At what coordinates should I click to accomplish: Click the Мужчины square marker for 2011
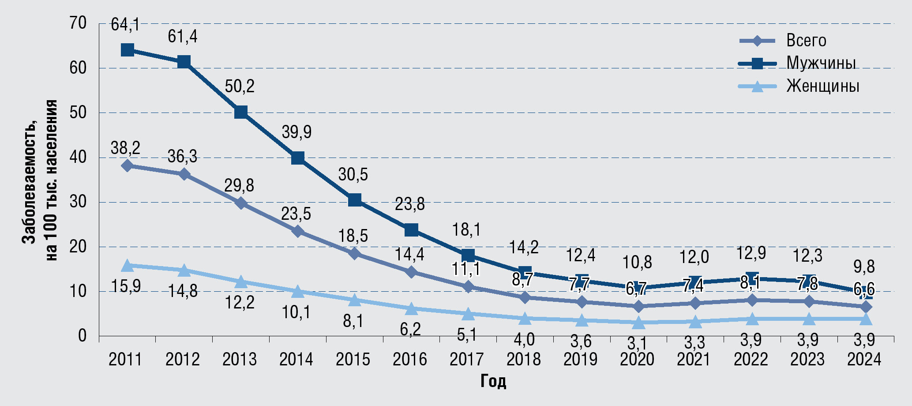point(127,50)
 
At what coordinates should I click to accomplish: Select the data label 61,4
point(183,37)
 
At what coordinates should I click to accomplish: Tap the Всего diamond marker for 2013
point(240,203)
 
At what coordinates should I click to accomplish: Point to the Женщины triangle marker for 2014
point(297,292)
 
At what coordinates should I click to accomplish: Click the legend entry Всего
point(806,41)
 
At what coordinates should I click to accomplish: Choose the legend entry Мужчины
point(821,63)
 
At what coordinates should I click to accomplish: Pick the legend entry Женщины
point(822,86)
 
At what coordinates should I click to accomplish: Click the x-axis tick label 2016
point(410,360)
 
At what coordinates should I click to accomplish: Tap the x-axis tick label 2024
point(864,360)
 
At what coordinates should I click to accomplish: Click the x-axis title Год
point(493,381)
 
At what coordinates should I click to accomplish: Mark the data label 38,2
point(125,148)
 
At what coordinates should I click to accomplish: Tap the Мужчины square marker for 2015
point(354,200)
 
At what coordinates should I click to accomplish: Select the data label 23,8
point(409,204)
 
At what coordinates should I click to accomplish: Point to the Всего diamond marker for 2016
point(411,272)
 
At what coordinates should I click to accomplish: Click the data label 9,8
point(864,267)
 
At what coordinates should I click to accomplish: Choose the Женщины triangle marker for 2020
point(638,323)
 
